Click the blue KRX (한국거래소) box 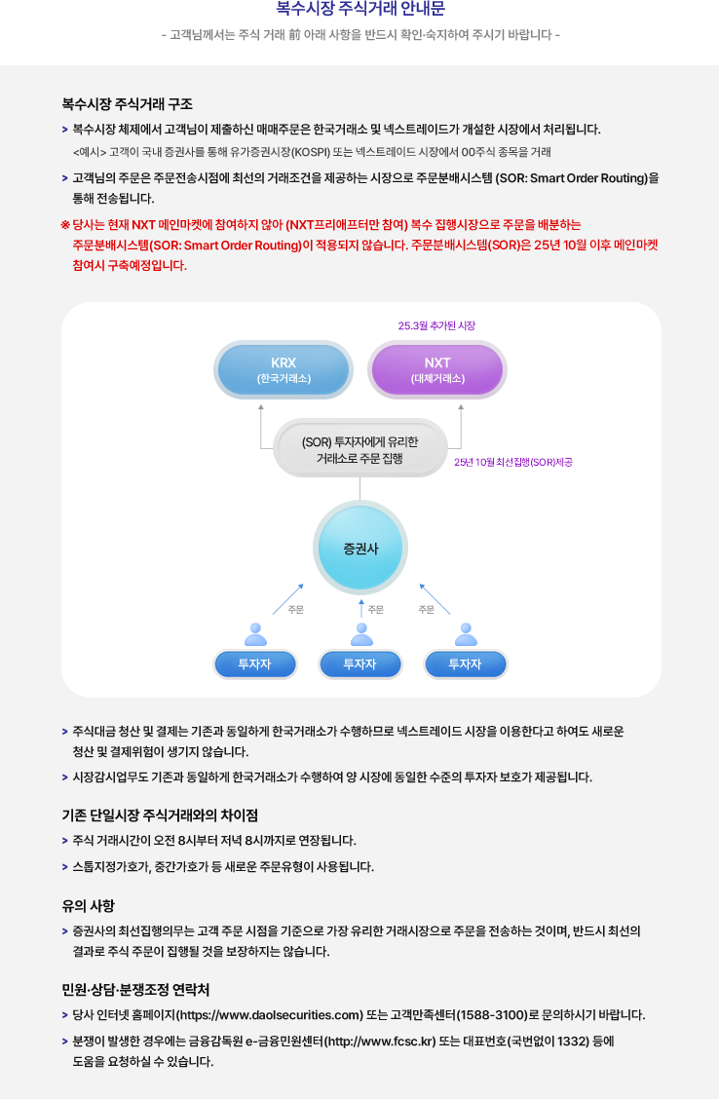284,369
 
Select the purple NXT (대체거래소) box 437,369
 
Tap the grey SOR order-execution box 359,449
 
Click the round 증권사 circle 360,549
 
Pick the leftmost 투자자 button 255,663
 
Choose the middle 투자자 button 360,663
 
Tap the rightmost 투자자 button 465,663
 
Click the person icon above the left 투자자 256,634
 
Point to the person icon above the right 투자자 467,634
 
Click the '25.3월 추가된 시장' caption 436,325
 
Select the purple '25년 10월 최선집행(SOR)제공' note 512,462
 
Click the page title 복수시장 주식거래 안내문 359,10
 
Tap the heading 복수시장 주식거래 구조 127,103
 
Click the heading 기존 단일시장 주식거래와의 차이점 160,815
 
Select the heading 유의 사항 88,905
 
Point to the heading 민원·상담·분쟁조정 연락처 135,990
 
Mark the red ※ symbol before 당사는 65,224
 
